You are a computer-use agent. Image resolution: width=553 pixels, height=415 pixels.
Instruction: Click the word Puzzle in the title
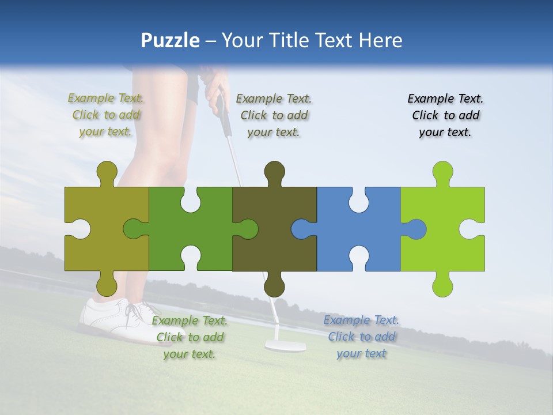(170, 40)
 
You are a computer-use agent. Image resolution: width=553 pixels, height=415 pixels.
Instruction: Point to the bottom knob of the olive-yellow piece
(107, 284)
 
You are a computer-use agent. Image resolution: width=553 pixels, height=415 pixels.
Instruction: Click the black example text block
(445, 115)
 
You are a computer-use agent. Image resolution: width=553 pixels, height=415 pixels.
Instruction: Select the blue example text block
(361, 337)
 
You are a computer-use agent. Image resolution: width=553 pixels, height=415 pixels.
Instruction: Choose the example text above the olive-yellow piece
(106, 115)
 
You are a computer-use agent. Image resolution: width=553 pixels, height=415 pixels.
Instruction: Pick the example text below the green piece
(190, 337)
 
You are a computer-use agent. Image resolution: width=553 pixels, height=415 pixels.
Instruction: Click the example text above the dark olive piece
(274, 115)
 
